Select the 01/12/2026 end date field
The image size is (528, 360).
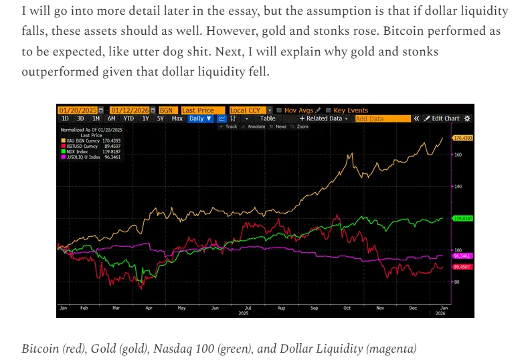point(130,110)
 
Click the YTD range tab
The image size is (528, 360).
point(128,118)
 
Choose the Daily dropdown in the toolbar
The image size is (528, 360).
point(199,118)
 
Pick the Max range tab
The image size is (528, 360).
point(177,118)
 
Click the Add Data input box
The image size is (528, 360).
point(382,118)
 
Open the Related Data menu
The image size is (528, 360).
point(324,118)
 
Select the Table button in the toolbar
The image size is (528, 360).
point(268,118)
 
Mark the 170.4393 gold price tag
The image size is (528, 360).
point(463,138)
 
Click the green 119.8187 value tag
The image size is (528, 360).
point(463,218)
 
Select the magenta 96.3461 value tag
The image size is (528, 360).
point(463,256)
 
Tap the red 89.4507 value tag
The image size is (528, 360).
point(463,266)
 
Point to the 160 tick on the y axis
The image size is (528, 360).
point(458,155)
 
